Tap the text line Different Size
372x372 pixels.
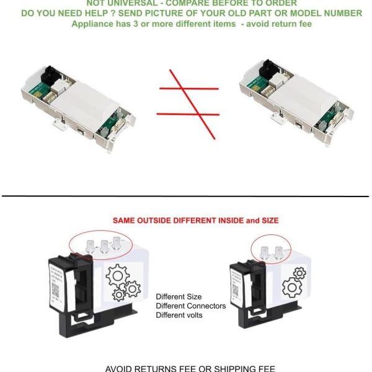point(179,297)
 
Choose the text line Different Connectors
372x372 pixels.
point(190,306)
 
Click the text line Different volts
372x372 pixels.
point(179,316)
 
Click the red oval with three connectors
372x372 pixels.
point(101,244)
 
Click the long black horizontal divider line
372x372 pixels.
point(186,197)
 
